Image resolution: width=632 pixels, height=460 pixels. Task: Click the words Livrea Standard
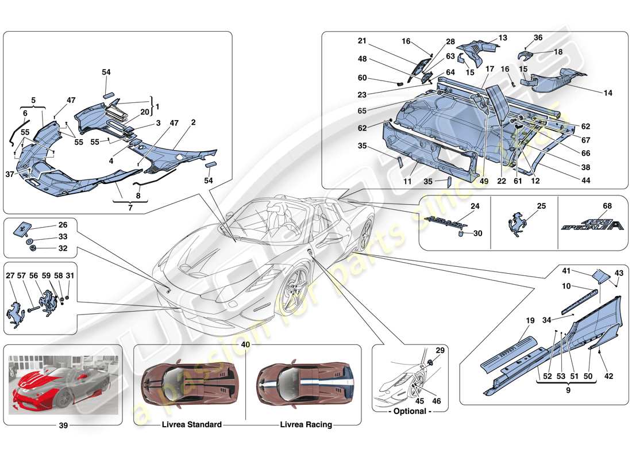click(x=192, y=425)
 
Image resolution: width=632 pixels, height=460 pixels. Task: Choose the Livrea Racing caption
click(x=306, y=425)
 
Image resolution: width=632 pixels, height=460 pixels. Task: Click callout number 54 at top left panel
click(x=106, y=72)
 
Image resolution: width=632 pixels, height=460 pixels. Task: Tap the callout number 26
click(x=62, y=225)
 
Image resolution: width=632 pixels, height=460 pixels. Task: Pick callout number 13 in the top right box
click(x=503, y=38)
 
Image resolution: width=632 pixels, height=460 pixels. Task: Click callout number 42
click(x=609, y=377)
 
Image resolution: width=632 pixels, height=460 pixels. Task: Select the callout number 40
click(x=246, y=344)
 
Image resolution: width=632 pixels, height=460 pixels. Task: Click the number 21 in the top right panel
click(x=361, y=41)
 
